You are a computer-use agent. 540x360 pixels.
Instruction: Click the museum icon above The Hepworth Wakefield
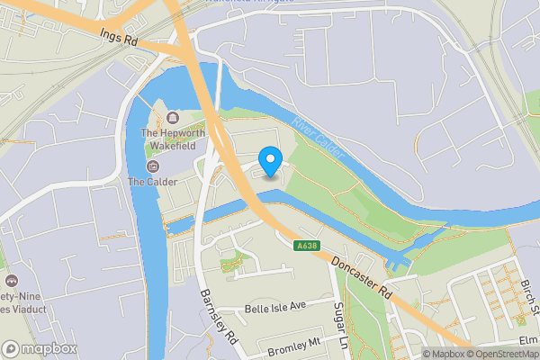172,118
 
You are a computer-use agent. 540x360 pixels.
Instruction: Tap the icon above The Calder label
151,166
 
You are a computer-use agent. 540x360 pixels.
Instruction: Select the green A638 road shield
306,245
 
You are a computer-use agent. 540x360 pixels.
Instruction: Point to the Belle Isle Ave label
274,307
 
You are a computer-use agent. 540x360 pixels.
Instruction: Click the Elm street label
528,340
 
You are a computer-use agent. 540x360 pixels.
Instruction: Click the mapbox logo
40,348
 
